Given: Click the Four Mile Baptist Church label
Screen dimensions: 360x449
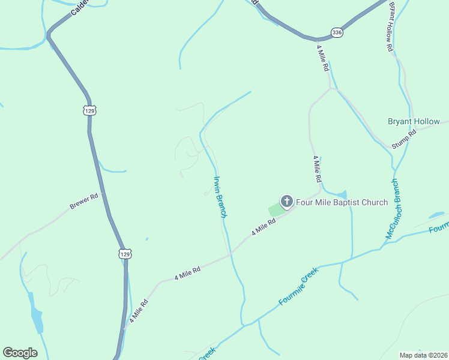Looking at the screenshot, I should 342,202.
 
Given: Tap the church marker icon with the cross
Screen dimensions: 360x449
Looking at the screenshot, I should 287,202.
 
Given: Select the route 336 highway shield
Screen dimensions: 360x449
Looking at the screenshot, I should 337,33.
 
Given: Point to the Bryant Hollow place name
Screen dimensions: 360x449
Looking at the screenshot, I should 414,121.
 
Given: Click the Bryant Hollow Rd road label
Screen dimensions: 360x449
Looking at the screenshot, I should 391,26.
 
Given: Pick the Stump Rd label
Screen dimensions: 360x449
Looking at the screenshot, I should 405,139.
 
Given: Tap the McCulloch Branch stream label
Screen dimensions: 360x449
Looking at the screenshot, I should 396,209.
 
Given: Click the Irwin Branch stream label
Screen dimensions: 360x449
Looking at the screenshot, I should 220,196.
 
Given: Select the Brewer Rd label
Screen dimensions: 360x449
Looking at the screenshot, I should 83,201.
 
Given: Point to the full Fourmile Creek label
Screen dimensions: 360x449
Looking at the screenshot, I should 298,287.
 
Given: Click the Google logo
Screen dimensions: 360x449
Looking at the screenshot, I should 20,353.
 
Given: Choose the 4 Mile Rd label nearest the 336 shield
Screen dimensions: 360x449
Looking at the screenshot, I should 322,58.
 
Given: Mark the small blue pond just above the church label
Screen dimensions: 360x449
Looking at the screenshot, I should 341,194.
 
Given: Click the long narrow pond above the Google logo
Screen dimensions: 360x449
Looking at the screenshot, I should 37,319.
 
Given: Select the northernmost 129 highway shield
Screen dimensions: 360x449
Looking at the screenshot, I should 89,110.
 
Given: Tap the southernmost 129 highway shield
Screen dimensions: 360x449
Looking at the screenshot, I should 124,254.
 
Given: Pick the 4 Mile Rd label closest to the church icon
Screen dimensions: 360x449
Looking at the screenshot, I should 264,226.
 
